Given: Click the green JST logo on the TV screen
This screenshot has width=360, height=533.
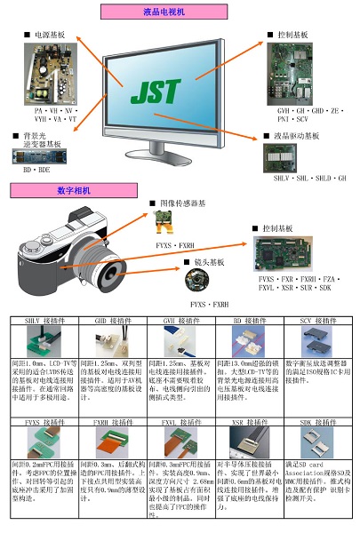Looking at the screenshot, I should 159,91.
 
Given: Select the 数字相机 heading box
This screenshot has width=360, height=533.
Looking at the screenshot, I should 74,190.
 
